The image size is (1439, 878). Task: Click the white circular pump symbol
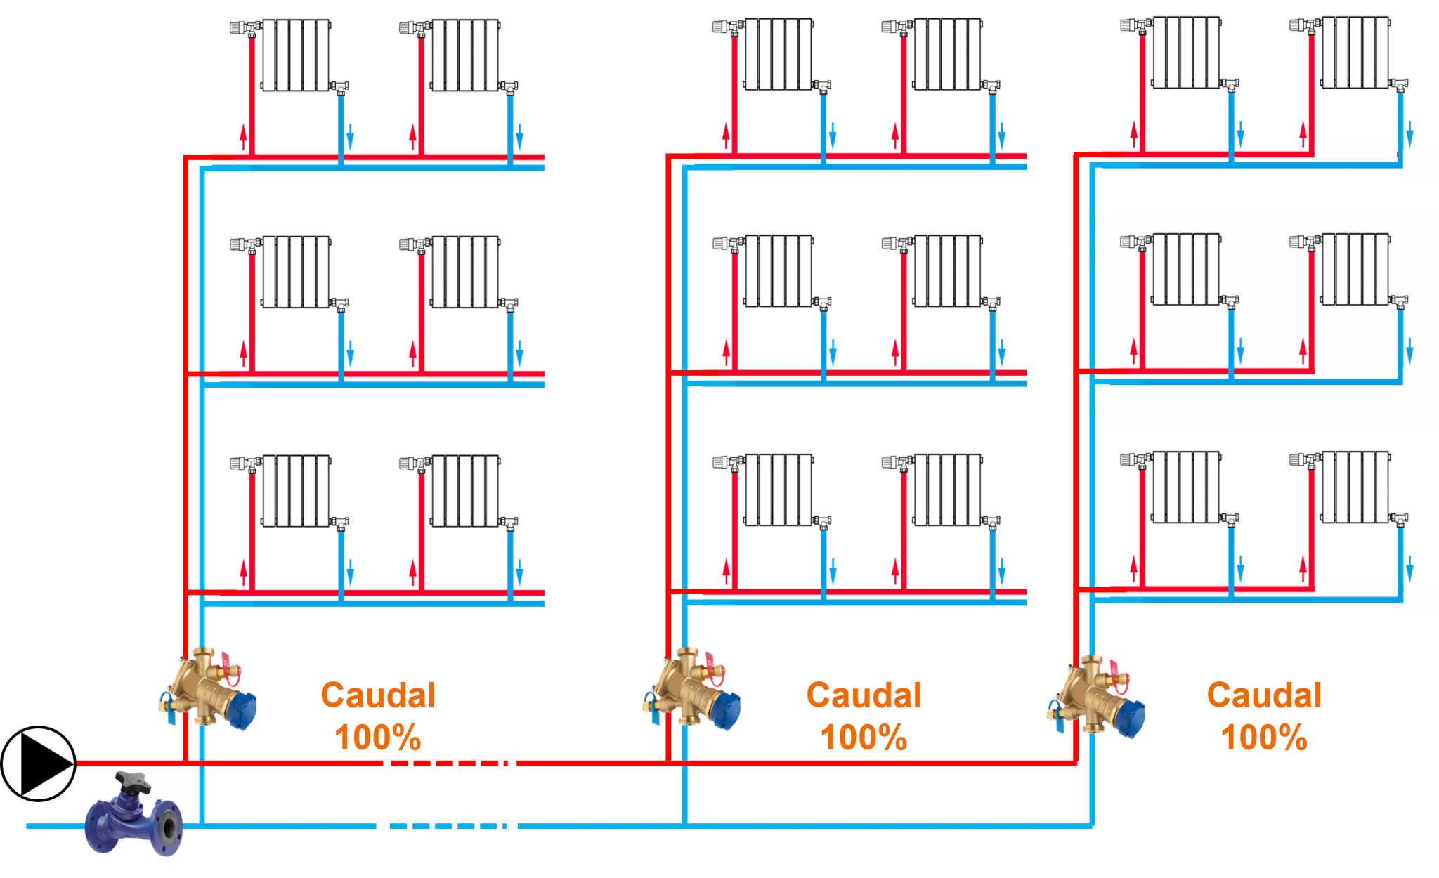39,764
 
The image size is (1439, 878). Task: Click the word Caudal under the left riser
378,695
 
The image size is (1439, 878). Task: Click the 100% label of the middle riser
864,738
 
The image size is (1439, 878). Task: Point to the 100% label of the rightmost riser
1264,738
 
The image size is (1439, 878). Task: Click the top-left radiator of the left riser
296,55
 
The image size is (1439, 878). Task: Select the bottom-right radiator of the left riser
465,491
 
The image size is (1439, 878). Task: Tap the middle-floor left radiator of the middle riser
779,272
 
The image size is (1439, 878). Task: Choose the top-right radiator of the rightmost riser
1355,53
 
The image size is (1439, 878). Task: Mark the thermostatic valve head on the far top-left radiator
240,27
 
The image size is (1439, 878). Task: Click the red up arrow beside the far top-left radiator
243,136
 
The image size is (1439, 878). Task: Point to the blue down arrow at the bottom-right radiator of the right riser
1409,568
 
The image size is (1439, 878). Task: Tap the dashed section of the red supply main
450,763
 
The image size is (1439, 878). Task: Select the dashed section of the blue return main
450,826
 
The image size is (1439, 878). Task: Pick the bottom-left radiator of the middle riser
779,490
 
